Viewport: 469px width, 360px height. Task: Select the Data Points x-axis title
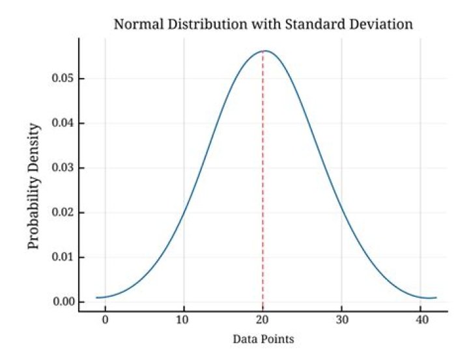[263, 340]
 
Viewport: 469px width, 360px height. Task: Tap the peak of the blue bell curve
[264, 51]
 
